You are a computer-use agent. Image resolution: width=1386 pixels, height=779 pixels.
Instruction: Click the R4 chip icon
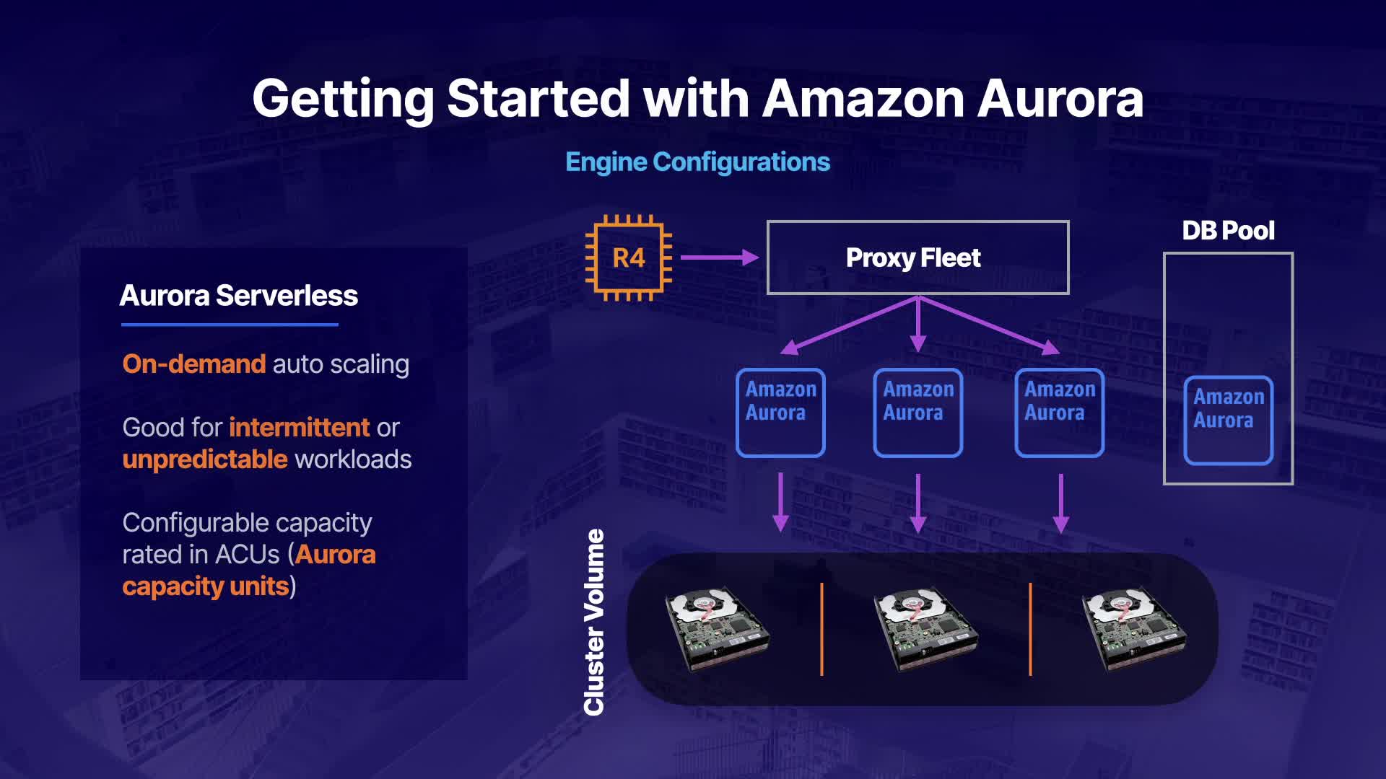coord(628,258)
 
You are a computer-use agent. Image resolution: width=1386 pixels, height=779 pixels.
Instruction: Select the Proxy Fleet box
coord(918,258)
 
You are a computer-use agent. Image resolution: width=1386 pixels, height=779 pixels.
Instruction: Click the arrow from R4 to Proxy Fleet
coord(720,257)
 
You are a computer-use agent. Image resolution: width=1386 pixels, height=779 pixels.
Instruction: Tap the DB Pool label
coord(1228,230)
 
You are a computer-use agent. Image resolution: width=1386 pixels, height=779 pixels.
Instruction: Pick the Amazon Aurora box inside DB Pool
coord(1228,420)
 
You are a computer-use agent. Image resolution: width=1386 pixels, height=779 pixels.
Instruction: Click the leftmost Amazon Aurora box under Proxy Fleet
coord(780,413)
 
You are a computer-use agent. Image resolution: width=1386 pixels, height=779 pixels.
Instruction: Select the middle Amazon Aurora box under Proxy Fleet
coord(918,413)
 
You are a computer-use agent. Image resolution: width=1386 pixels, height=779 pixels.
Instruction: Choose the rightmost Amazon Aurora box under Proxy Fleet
coord(1059,413)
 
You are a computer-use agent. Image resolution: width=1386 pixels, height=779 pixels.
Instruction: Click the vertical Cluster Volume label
coord(593,622)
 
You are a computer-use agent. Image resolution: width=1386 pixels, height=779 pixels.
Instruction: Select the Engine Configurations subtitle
coord(697,162)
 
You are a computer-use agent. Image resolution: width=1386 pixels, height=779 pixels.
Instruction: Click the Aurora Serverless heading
coord(238,295)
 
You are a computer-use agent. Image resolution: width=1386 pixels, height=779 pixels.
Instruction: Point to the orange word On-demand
coord(194,364)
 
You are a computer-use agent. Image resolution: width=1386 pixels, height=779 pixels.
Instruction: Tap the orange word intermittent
coord(300,427)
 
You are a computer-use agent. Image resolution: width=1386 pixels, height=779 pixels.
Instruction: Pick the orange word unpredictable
coord(205,459)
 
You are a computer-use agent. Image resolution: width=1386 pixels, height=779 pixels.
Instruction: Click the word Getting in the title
coord(343,100)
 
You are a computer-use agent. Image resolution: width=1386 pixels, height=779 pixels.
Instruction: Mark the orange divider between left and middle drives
coord(821,629)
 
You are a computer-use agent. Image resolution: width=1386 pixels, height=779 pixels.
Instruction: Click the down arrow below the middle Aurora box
coord(918,503)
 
